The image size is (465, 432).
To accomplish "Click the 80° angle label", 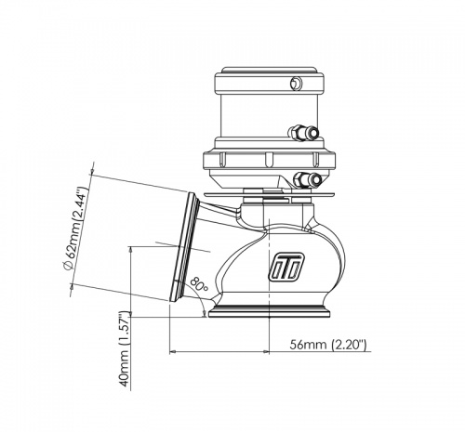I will click(x=196, y=283).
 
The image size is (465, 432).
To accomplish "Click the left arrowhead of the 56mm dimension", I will click(x=174, y=352).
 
